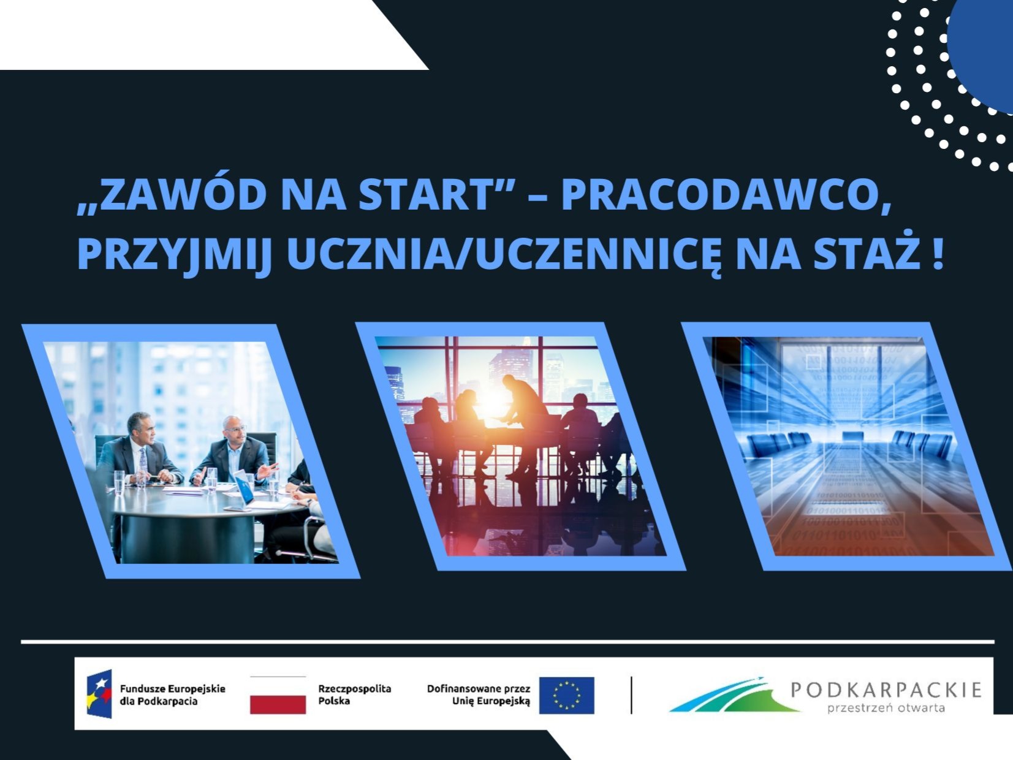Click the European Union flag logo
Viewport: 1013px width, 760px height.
(x=567, y=696)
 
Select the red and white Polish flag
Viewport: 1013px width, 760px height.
(x=278, y=696)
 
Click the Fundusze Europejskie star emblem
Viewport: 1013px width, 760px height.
(x=100, y=694)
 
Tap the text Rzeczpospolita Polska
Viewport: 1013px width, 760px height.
(x=354, y=695)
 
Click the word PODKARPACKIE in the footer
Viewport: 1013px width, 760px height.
(x=886, y=690)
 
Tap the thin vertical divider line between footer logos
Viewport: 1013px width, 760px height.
(x=631, y=695)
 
